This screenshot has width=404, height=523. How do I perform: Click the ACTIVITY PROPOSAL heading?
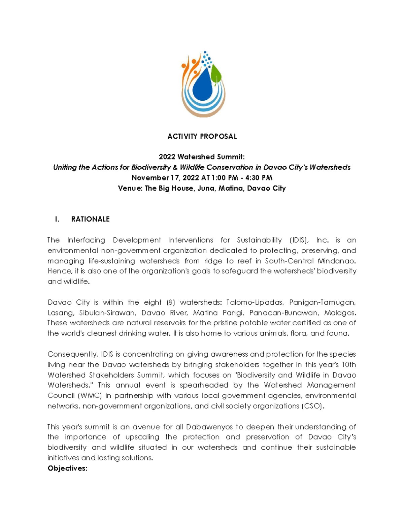pyautogui.click(x=202, y=136)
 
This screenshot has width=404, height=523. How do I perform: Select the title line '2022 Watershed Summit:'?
pyautogui.click(x=202, y=157)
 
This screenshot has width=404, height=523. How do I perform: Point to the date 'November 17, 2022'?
pyautogui.click(x=165, y=178)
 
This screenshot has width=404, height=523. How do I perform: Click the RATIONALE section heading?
pyautogui.click(x=90, y=219)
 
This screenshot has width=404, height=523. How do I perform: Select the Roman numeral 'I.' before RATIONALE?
pyautogui.click(x=57, y=219)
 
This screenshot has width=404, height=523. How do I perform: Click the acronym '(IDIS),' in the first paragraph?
pyautogui.click(x=299, y=240)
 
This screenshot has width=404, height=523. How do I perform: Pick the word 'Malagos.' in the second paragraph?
pyautogui.click(x=340, y=313)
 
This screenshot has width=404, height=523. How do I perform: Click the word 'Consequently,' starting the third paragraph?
pyautogui.click(x=73, y=354)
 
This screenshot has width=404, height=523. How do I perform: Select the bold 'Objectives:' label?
pyautogui.click(x=67, y=468)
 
